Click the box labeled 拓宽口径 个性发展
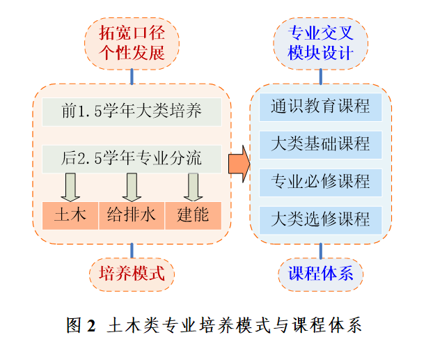point(132,42)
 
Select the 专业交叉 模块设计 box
point(320,42)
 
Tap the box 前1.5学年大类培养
point(132,111)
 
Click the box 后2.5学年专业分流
point(132,158)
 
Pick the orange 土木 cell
point(70,215)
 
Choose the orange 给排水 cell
point(132,215)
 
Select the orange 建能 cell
point(193,215)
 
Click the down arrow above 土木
point(70,187)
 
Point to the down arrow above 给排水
point(132,187)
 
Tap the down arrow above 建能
point(193,187)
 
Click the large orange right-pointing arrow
point(239,164)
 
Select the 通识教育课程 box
point(320,107)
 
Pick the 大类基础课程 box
point(320,144)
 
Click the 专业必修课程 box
point(320,182)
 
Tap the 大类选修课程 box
point(320,219)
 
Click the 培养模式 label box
point(132,273)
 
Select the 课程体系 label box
point(320,273)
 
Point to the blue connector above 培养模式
point(132,250)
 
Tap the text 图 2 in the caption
point(80,325)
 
